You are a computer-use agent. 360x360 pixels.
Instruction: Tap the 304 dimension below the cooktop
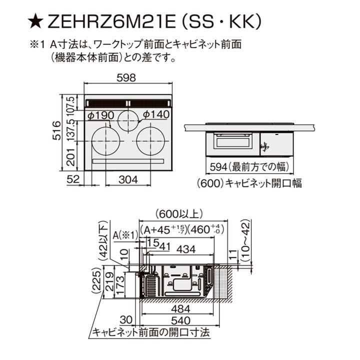point(129,178)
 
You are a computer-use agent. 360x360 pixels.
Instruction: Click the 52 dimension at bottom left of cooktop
point(72,178)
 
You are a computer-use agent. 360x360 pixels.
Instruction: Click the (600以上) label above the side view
point(178,214)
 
